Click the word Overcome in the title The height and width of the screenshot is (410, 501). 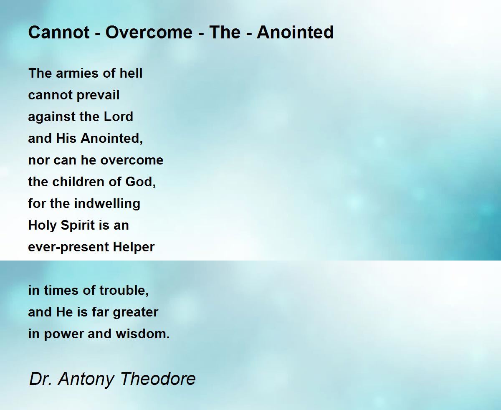(149, 32)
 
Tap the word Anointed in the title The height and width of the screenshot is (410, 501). (295, 32)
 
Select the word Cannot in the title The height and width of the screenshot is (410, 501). (59, 32)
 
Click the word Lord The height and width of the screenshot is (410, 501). (118, 116)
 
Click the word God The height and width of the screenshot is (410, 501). (140, 182)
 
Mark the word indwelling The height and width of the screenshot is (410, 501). (107, 204)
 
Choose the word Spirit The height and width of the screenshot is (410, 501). (78, 225)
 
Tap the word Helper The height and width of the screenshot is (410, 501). (134, 247)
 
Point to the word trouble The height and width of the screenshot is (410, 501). (124, 291)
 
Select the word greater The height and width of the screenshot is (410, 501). (135, 313)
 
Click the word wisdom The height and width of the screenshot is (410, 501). (143, 334)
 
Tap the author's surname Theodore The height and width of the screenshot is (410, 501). (158, 379)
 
